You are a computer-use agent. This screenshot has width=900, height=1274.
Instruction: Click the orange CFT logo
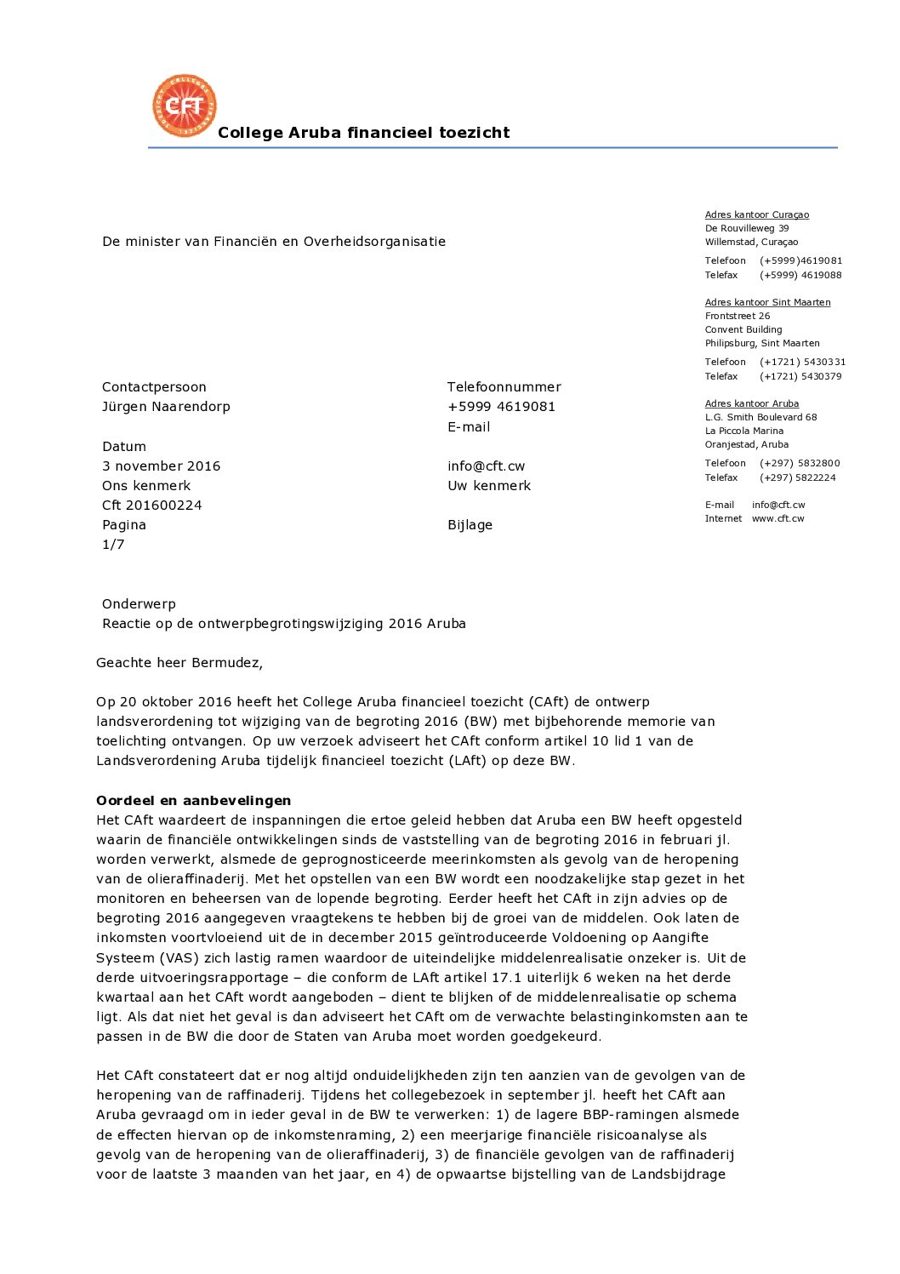pos(185,106)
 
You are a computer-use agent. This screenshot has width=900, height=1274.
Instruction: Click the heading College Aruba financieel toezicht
pos(363,133)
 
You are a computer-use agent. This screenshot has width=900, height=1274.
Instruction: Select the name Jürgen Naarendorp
pos(166,407)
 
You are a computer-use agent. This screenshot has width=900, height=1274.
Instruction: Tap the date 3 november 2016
pos(161,466)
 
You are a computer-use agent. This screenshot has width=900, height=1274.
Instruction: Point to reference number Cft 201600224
pos(152,506)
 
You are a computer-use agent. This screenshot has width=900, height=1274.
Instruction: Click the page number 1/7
pos(113,545)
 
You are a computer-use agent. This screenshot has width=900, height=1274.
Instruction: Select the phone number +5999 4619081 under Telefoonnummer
pos(501,407)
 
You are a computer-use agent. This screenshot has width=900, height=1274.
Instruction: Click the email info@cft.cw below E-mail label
pos(486,466)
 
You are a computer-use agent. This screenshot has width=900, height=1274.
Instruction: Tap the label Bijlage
pos(470,525)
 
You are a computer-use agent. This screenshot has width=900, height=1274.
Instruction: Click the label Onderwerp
pos(139,604)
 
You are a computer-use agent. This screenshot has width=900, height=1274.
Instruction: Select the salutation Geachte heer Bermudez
pos(179,663)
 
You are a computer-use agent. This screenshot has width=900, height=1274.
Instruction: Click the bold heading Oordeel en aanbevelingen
pos(193,801)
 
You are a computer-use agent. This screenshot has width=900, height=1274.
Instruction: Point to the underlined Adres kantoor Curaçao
pos(756,215)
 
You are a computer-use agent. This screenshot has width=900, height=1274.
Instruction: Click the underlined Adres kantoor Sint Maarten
pos(767,303)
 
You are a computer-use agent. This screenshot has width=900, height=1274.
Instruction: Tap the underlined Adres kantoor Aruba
pos(751,404)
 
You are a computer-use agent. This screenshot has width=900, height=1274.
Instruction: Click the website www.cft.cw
pos(778,519)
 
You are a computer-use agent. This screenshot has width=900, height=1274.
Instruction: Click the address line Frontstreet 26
pos(737,317)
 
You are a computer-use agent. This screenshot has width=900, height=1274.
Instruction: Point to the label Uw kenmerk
pos(488,486)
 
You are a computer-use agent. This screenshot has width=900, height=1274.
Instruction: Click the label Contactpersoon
pos(154,387)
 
